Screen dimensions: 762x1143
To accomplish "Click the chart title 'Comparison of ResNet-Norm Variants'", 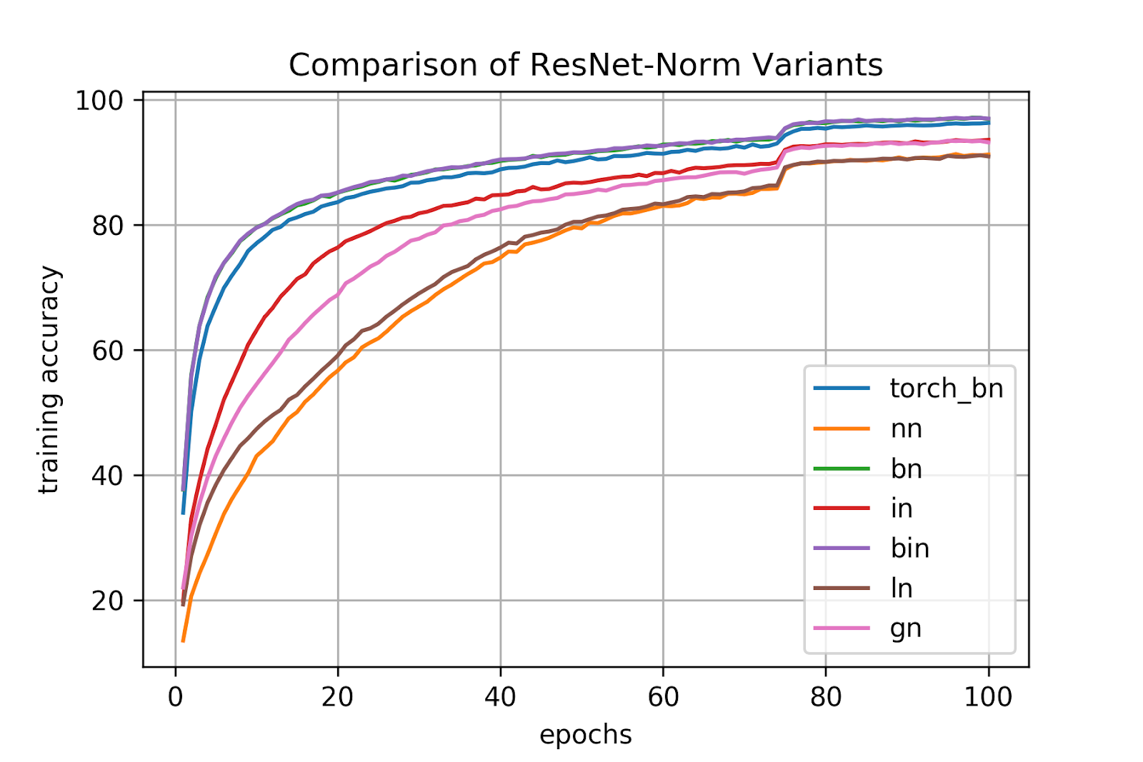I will [x=585, y=65].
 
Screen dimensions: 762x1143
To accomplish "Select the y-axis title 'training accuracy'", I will [x=49, y=380].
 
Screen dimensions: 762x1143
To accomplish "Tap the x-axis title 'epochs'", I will [x=585, y=735].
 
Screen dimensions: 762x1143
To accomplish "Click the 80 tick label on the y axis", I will [x=107, y=226].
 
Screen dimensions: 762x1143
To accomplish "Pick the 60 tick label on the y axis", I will [x=107, y=351].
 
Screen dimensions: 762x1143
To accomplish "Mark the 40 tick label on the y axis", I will [x=107, y=476].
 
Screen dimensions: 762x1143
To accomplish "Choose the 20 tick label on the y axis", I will [x=107, y=601].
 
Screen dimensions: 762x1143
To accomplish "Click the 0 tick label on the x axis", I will [x=175, y=696].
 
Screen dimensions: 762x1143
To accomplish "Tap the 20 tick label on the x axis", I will [x=337, y=696].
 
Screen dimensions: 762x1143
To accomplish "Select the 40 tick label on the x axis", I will [x=500, y=696].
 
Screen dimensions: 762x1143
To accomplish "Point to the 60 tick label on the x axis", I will [x=663, y=696].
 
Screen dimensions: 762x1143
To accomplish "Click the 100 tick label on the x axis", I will [x=988, y=696].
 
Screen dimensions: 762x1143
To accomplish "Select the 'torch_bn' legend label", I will [x=946, y=388].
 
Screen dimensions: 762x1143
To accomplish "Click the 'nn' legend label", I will [x=906, y=428].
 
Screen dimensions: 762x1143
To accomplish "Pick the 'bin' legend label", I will [x=909, y=548].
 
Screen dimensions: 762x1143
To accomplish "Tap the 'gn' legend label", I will [x=906, y=628].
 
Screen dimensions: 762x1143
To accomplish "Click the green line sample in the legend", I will [x=842, y=468].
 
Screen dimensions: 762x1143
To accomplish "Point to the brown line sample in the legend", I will [x=842, y=588].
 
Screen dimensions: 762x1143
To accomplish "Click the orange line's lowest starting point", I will [x=183, y=641].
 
